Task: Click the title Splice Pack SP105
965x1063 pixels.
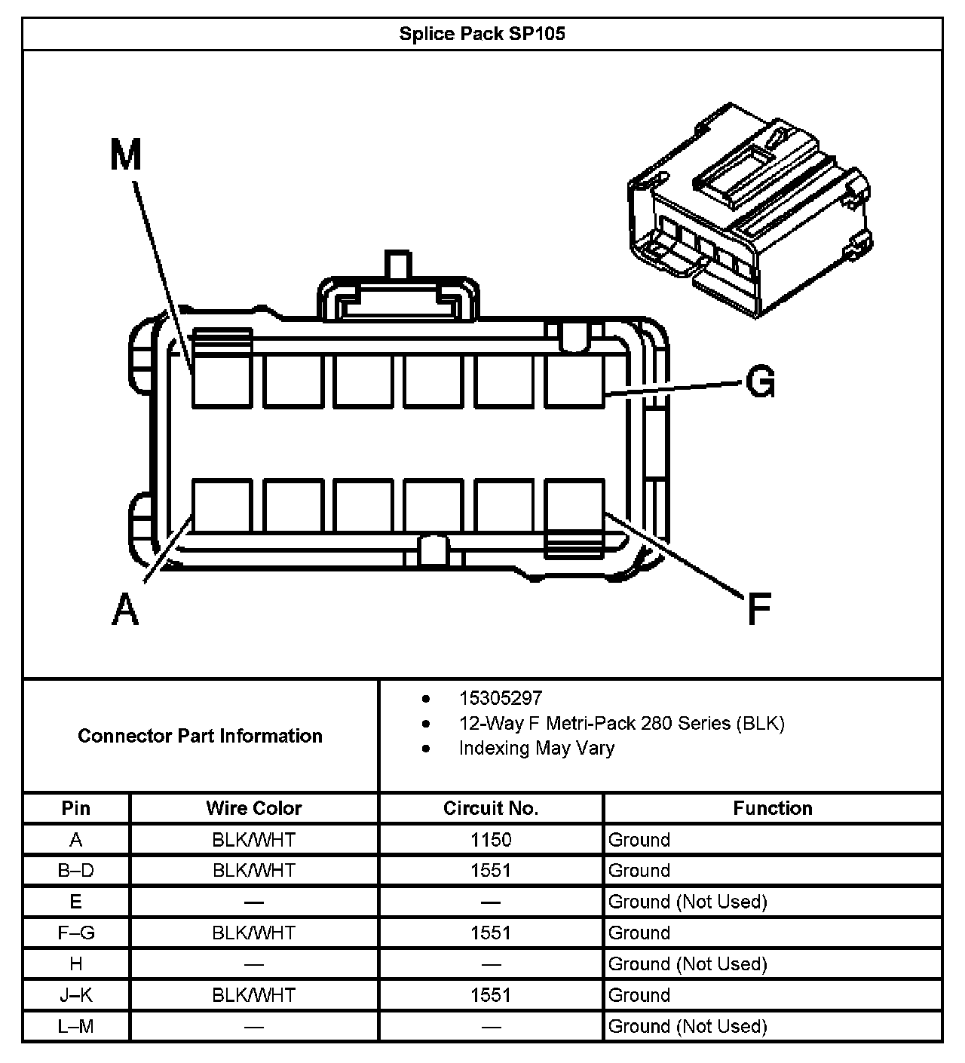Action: coord(482,34)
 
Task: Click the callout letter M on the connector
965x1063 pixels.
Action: coord(126,156)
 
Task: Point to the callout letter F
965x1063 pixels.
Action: coord(759,609)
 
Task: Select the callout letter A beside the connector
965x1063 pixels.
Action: coord(126,609)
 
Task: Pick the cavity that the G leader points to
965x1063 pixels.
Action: coord(574,381)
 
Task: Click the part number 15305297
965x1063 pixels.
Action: coord(501,698)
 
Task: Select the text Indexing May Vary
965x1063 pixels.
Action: coord(536,748)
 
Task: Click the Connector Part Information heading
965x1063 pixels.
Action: coord(200,736)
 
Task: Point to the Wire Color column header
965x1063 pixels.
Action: coord(254,808)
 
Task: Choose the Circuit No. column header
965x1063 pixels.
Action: coord(491,808)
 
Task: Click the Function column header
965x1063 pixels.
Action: coord(773,808)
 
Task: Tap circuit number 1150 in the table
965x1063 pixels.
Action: coord(491,840)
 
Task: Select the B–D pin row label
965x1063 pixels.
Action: coord(76,871)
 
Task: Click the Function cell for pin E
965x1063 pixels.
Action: coord(688,902)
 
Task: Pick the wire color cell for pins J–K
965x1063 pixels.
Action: coord(254,995)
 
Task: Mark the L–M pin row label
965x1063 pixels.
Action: coord(76,1026)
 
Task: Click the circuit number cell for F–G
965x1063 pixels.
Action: coord(491,933)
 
